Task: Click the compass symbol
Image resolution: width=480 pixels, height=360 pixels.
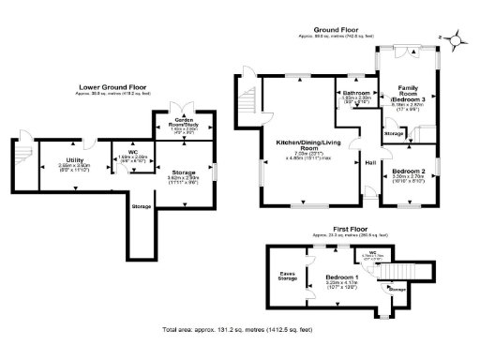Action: point(454,39)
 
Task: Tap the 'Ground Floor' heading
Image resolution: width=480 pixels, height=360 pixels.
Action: point(333,30)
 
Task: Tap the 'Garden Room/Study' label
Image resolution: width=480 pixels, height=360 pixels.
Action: point(184,122)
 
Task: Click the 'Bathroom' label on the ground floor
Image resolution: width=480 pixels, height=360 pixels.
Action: point(357,94)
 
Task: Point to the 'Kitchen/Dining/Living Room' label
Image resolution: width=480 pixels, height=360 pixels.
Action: point(304,145)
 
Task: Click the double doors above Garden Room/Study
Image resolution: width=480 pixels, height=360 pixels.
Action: point(184,106)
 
